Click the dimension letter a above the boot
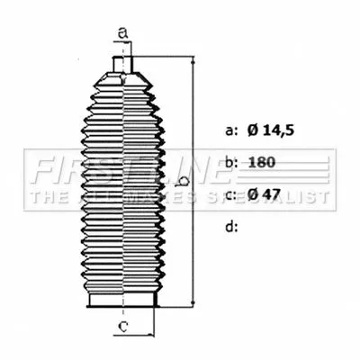click(x=124, y=37)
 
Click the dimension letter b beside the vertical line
click(x=183, y=181)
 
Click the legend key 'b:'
click(x=230, y=162)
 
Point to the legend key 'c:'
click(x=230, y=194)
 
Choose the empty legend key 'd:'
click(x=230, y=227)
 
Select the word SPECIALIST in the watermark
click(x=278, y=196)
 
